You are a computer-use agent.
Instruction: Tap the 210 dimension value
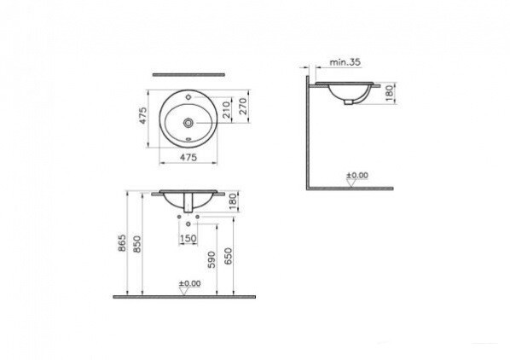click(x=227, y=110)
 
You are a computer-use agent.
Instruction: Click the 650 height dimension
click(x=228, y=257)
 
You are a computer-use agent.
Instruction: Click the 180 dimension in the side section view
click(x=390, y=91)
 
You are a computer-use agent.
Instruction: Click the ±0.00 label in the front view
click(x=188, y=283)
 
